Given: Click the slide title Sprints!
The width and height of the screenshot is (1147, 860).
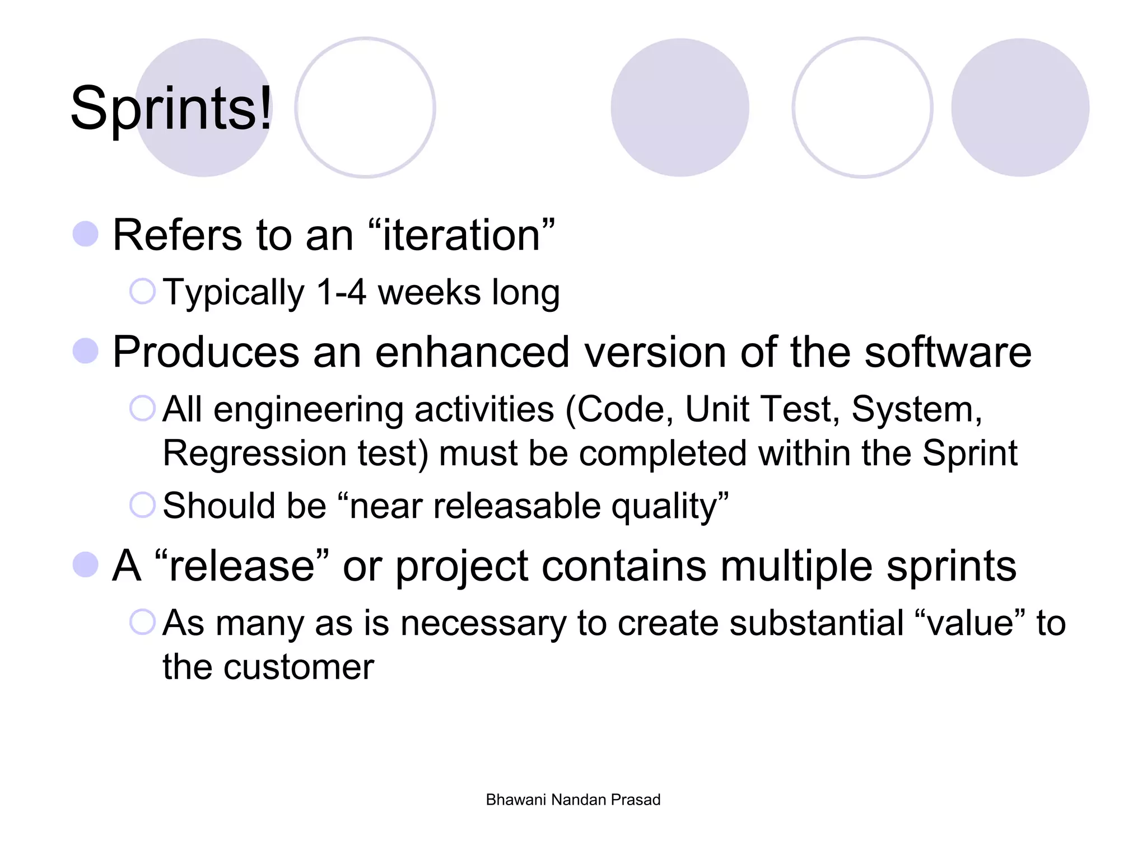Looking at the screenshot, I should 171,109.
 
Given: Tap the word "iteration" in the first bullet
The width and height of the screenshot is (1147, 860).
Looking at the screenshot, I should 461,235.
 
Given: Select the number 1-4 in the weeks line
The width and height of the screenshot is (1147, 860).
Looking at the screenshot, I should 341,293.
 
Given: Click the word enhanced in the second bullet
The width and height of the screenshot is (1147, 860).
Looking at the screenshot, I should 472,352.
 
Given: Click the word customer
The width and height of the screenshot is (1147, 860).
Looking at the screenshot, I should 299,667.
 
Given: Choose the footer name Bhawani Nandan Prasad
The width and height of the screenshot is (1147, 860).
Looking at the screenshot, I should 573,800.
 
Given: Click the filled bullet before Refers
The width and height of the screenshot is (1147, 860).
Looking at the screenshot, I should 86,234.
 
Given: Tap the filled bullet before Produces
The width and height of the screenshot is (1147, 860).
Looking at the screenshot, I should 86,351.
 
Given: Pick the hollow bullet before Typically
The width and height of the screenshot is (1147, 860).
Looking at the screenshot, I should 142,292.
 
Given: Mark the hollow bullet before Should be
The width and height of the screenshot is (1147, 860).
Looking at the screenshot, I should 142,505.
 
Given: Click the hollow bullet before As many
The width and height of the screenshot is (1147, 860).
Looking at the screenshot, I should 142,622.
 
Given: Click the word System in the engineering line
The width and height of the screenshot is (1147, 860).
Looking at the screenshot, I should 916,409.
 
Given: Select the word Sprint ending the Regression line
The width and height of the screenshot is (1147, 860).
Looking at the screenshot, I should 969,453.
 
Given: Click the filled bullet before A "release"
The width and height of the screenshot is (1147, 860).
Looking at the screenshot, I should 86,564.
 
